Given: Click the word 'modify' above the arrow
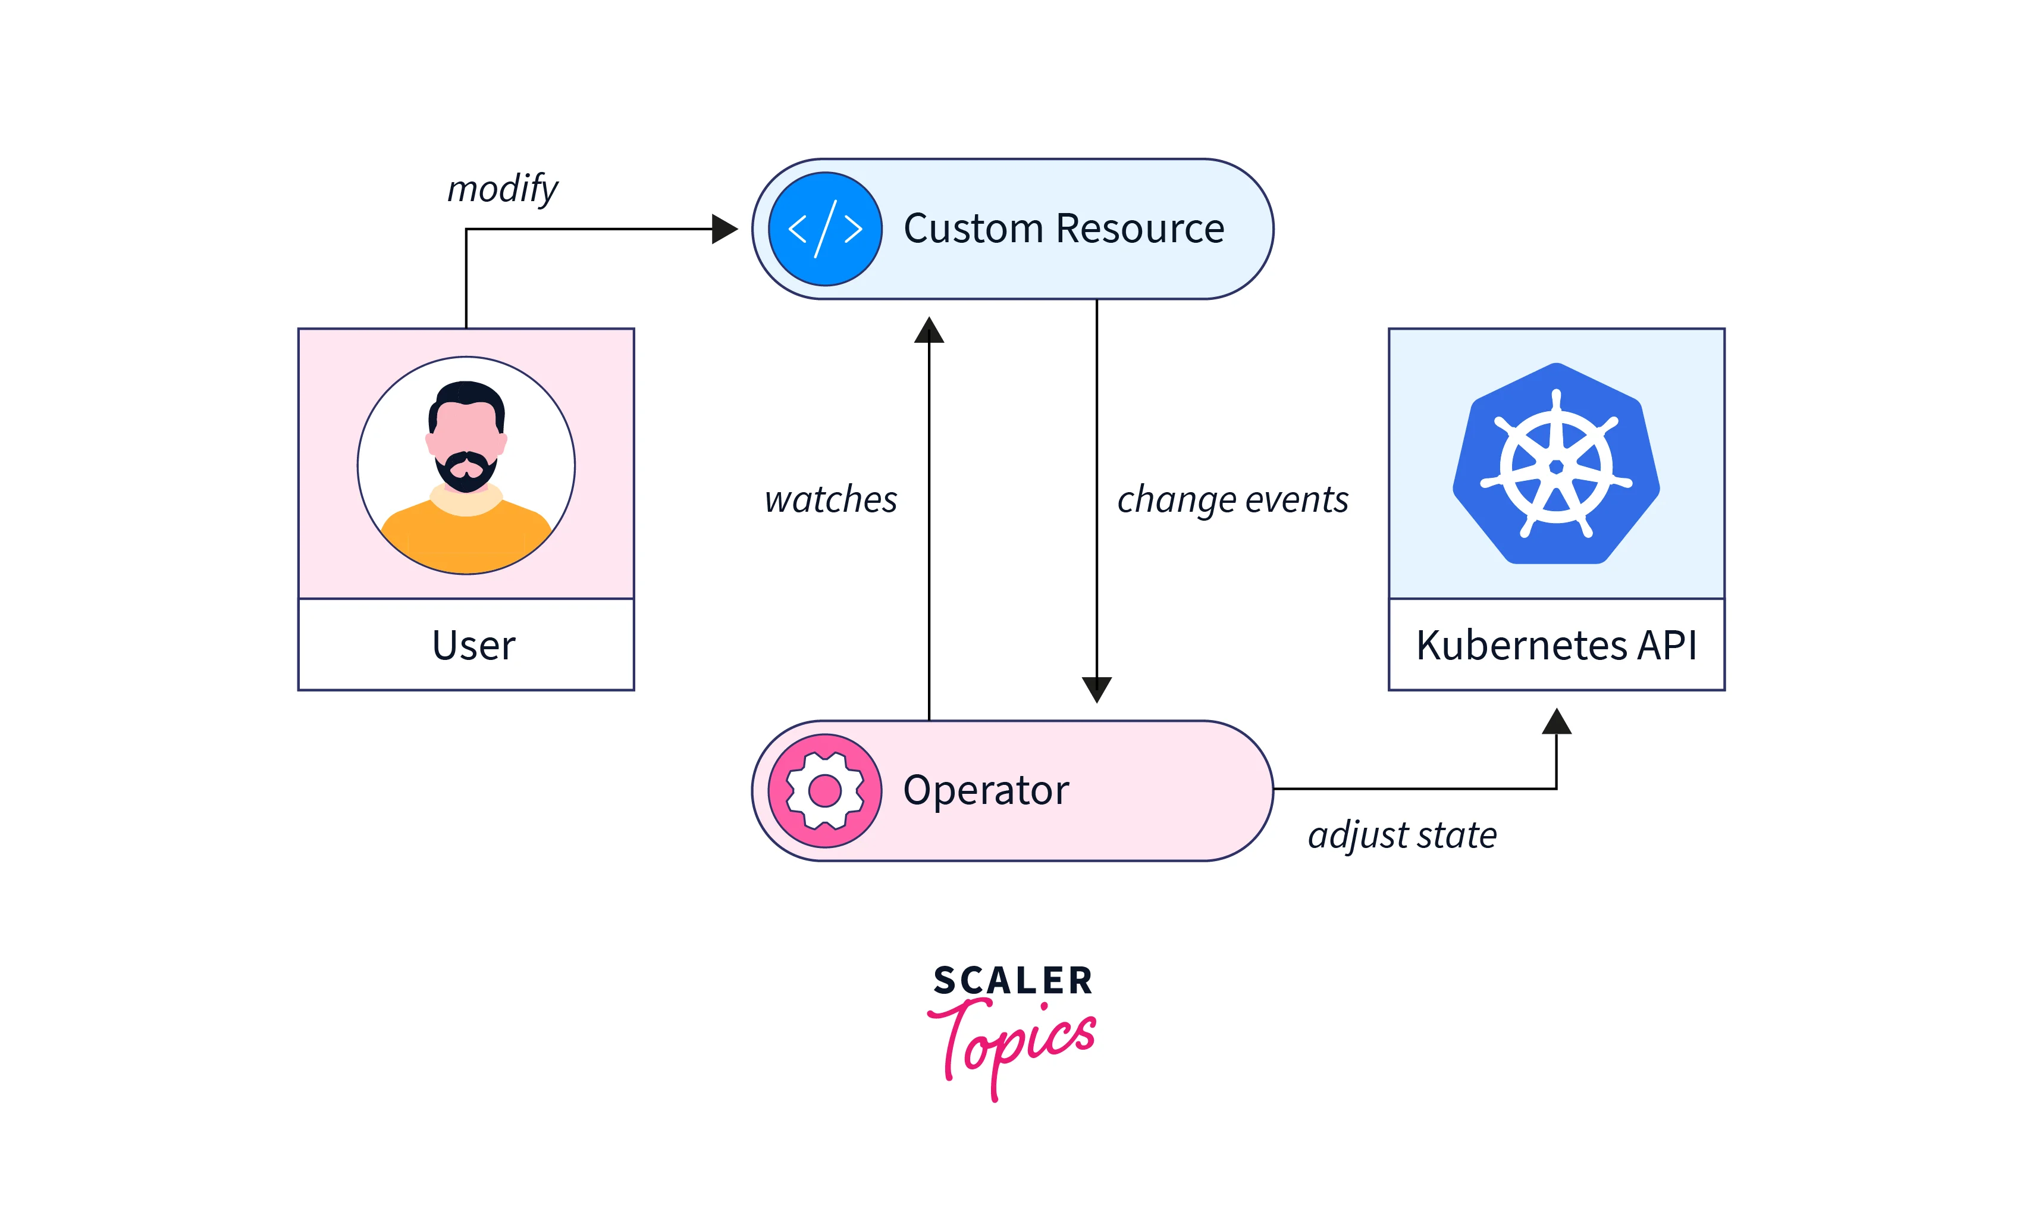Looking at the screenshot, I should point(503,189).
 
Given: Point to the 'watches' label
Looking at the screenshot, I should point(830,499).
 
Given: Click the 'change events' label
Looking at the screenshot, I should point(1232,499).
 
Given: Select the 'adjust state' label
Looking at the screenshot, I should point(1402,835).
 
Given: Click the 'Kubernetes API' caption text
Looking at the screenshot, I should point(1555,646).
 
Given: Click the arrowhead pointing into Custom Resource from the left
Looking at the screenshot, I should point(723,229).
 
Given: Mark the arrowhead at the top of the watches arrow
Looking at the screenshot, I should point(929,330).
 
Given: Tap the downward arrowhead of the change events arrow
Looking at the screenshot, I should point(1096,689).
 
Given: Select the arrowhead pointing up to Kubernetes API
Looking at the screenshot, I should point(1555,722).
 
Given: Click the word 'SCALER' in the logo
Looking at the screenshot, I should point(1012,981).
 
